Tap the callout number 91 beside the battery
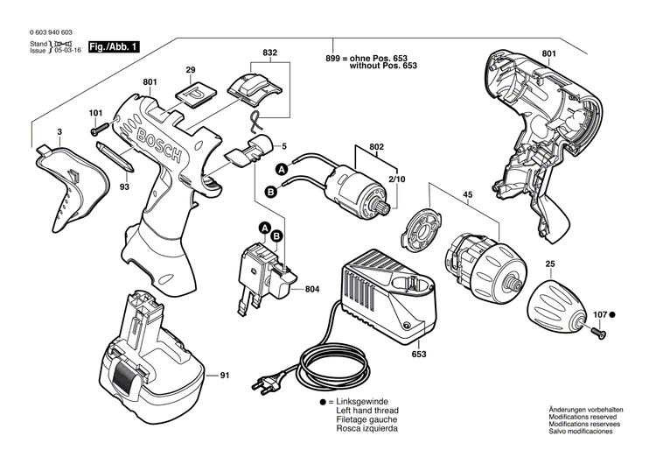[224, 376]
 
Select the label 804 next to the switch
[311, 289]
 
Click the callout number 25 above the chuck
[549, 264]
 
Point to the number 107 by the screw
[599, 313]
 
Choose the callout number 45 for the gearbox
[468, 195]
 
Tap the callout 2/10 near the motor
[397, 179]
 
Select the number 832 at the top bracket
[270, 53]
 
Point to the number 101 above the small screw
[95, 113]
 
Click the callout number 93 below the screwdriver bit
[125, 186]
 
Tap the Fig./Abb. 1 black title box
[115, 45]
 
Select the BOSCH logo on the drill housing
[157, 140]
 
